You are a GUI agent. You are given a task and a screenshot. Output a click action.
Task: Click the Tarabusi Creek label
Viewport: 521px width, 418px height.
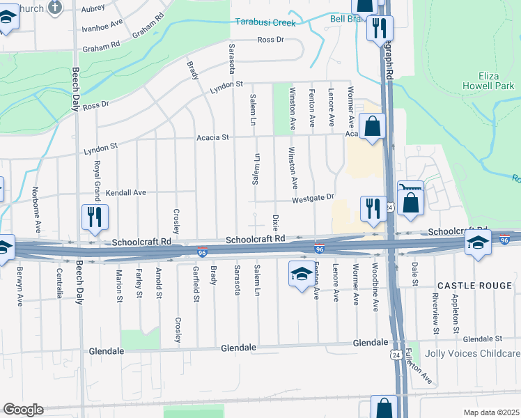tap(265, 22)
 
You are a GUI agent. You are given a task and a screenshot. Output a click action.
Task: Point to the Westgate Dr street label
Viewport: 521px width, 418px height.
tap(313, 198)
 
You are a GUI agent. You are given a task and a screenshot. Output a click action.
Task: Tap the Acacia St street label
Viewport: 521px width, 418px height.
tap(212, 138)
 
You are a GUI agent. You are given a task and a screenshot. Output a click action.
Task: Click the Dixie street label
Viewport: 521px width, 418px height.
tap(276, 223)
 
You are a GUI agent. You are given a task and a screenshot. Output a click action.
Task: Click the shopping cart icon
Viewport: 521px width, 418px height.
tap(411, 187)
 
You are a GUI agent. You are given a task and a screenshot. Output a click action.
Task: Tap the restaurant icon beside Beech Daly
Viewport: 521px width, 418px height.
tap(93, 217)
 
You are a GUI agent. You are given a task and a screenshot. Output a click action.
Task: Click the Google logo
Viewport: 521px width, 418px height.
tap(23, 410)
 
